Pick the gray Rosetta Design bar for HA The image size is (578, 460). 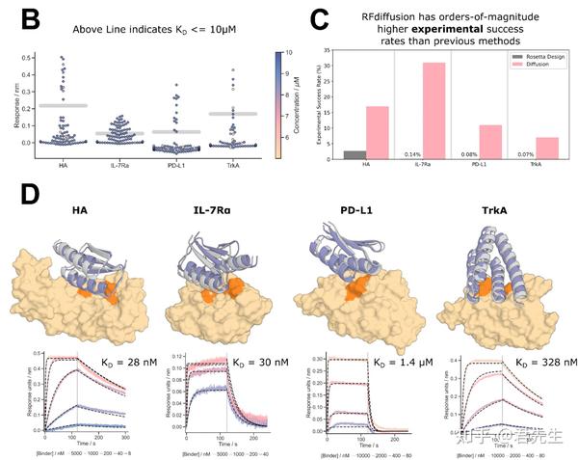coord(355,154)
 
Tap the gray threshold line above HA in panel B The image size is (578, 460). coord(64,105)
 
